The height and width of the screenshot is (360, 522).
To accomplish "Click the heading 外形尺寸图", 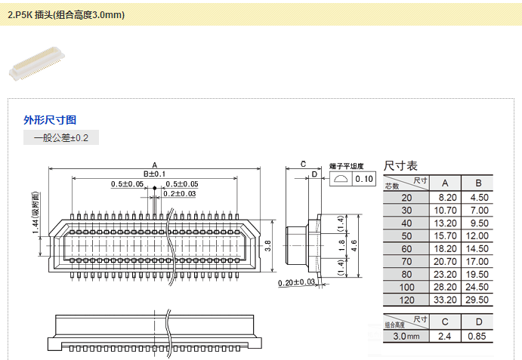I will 50,119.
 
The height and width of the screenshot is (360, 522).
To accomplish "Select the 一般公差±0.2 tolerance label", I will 61,137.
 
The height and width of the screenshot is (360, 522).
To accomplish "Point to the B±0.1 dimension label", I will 154,174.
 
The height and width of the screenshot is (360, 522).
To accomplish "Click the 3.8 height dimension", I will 268,245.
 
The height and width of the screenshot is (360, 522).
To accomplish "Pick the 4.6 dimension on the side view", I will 354,245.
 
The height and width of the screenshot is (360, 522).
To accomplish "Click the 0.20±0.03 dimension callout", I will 296,282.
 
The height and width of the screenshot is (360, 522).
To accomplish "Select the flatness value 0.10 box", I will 364,179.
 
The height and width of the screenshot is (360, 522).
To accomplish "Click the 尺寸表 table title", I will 400,165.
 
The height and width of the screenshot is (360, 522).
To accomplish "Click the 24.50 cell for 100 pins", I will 478,287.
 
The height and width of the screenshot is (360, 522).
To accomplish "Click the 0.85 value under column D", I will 478,336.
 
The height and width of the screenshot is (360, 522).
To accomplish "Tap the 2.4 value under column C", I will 446,336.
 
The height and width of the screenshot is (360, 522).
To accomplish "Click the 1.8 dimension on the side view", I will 341,245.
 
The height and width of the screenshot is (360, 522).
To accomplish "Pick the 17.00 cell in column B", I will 478,261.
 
